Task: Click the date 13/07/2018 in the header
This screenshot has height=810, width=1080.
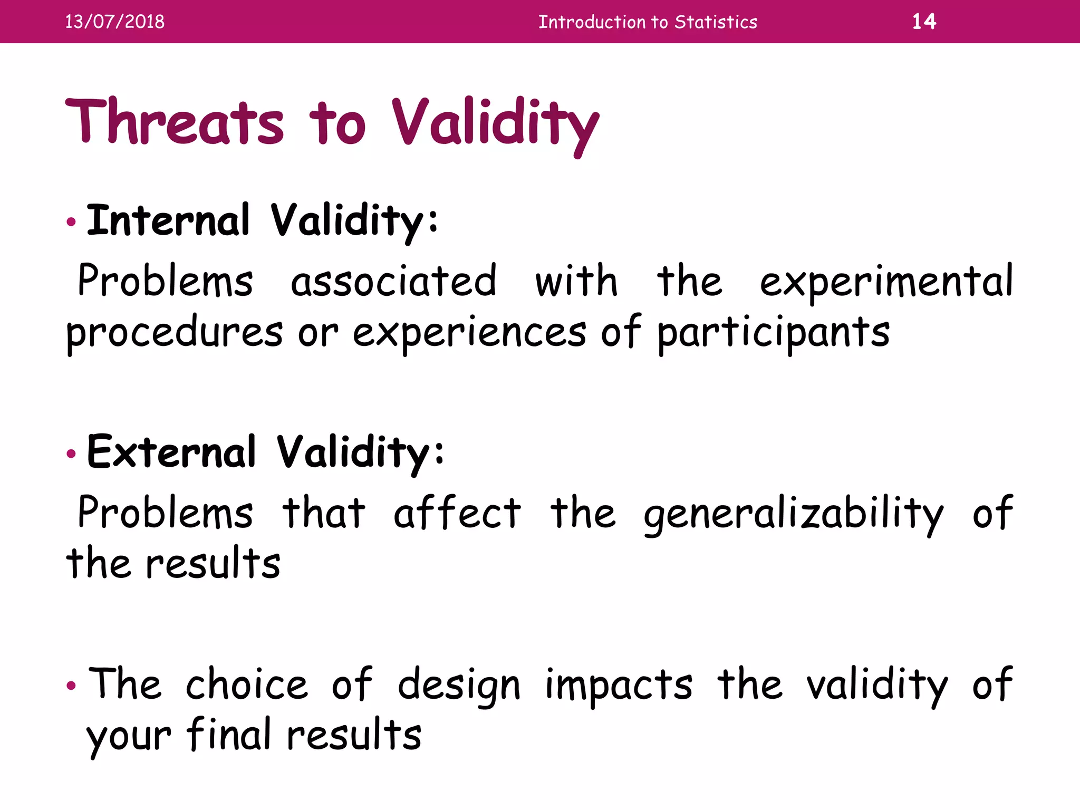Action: click(114, 22)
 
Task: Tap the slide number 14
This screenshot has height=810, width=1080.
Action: click(924, 22)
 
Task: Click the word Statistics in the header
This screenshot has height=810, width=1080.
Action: click(716, 22)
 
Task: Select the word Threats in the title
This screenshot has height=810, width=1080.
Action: click(174, 122)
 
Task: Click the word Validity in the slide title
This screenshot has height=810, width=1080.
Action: click(495, 123)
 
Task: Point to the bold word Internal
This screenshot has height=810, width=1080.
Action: click(168, 220)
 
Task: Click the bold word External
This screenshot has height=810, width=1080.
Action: click(171, 452)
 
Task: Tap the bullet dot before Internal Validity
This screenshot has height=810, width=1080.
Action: click(71, 222)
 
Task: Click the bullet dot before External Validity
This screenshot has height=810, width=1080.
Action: click(71, 454)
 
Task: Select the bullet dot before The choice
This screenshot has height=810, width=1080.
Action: click(71, 686)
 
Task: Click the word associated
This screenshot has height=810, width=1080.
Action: click(393, 281)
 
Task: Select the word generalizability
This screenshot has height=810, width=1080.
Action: click(793, 514)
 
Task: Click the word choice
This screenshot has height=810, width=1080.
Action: click(246, 684)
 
